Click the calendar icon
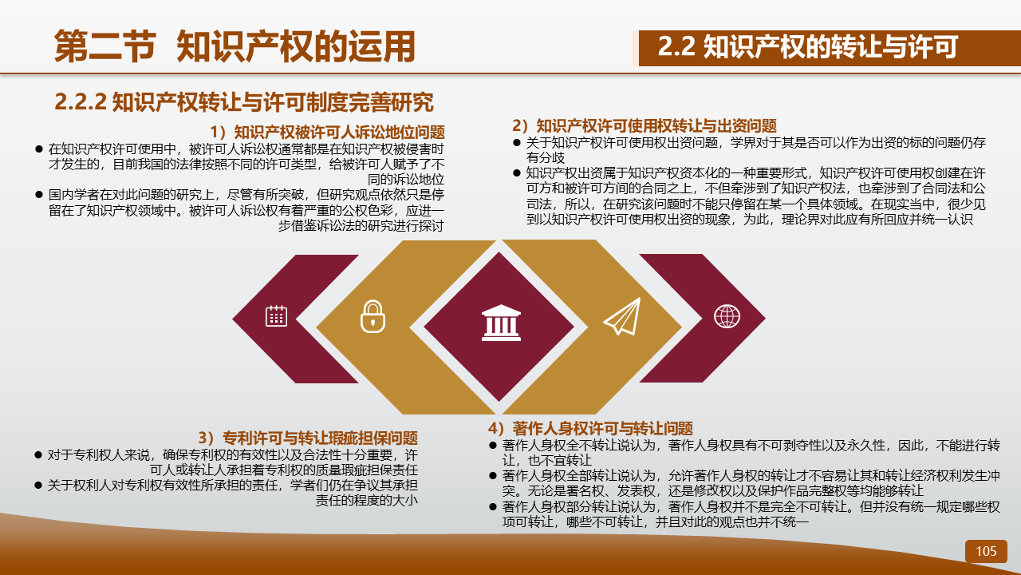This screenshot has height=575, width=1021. [276, 315]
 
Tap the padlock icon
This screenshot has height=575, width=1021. [373, 316]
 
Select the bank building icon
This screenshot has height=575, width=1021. [501, 323]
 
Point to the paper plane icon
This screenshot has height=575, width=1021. [622, 316]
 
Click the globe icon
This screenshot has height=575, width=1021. [727, 316]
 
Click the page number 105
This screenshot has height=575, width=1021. [986, 551]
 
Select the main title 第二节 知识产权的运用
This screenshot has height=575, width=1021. [235, 46]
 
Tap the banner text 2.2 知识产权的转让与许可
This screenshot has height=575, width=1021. [807, 46]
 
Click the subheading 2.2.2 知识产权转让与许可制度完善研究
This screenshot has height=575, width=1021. [244, 101]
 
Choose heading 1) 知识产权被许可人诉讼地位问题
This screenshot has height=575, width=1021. [327, 132]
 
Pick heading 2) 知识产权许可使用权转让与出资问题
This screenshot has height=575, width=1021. [644, 125]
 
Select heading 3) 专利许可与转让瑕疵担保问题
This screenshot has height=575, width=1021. [308, 438]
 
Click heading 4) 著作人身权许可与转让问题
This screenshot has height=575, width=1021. [590, 428]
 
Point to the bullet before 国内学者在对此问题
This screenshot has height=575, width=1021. [39, 194]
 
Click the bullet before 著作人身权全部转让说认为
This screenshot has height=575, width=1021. [493, 475]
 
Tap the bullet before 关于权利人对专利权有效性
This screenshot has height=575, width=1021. [38, 485]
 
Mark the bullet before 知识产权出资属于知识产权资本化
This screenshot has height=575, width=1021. [516, 173]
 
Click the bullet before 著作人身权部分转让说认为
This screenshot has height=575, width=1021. [493, 506]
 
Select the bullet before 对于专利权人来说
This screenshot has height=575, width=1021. [38, 455]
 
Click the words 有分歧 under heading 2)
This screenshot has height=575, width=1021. [546, 158]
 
